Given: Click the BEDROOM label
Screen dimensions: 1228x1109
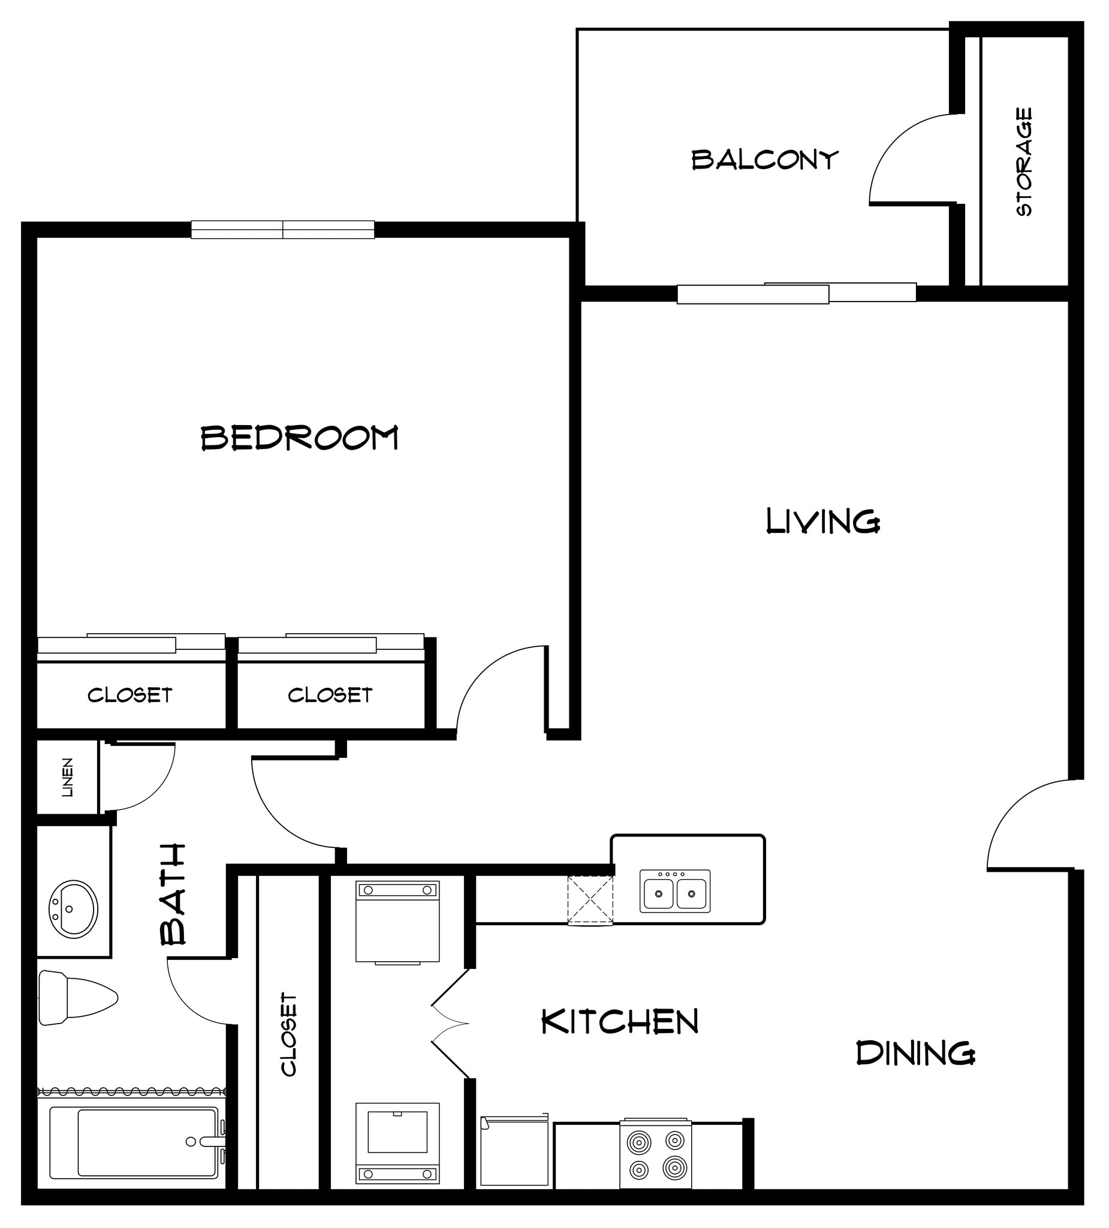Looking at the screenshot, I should tap(299, 438).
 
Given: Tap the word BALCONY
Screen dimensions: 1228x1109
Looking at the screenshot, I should tap(764, 160).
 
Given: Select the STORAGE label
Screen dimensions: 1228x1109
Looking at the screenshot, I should tap(1024, 162).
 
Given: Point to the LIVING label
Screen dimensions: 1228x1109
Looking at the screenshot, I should tap(822, 522).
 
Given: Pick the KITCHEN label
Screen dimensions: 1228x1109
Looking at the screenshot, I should tap(619, 1022).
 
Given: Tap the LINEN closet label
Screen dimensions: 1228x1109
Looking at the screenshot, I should tap(68, 777).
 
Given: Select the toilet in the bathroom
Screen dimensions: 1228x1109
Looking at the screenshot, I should tap(76, 998).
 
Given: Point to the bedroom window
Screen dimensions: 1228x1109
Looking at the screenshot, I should tap(282, 230).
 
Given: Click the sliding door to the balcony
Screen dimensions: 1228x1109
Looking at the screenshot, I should tap(796, 293).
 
